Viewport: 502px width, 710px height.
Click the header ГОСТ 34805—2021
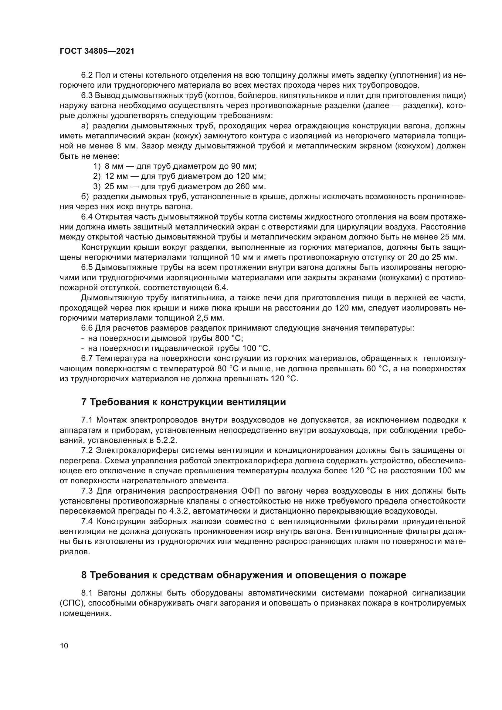[x=97, y=51]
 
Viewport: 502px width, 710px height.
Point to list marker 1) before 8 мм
[x=97, y=166]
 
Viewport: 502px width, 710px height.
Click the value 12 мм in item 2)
[x=114, y=177]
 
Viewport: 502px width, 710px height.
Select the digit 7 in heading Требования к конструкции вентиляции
[x=83, y=402]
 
